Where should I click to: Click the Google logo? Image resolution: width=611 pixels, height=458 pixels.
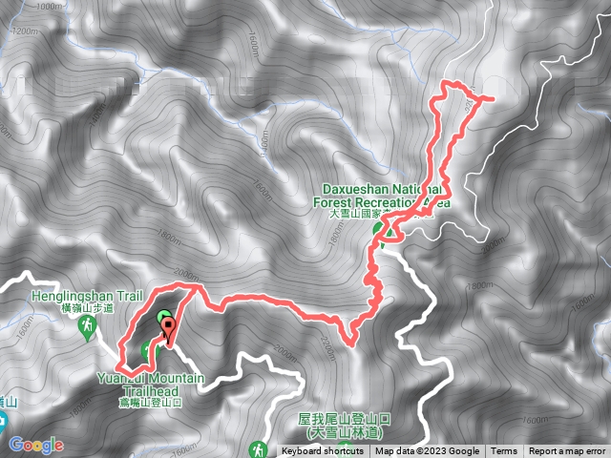(x=36, y=445)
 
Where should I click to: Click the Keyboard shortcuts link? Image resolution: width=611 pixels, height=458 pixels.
(x=323, y=451)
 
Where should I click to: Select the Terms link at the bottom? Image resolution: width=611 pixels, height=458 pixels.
(x=504, y=451)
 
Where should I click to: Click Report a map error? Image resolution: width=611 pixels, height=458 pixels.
(x=567, y=451)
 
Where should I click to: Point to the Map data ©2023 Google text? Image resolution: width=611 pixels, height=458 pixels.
(x=427, y=451)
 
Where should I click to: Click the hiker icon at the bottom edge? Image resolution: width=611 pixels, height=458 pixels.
(x=257, y=448)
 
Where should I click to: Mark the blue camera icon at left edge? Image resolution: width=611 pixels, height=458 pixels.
(x=3, y=421)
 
